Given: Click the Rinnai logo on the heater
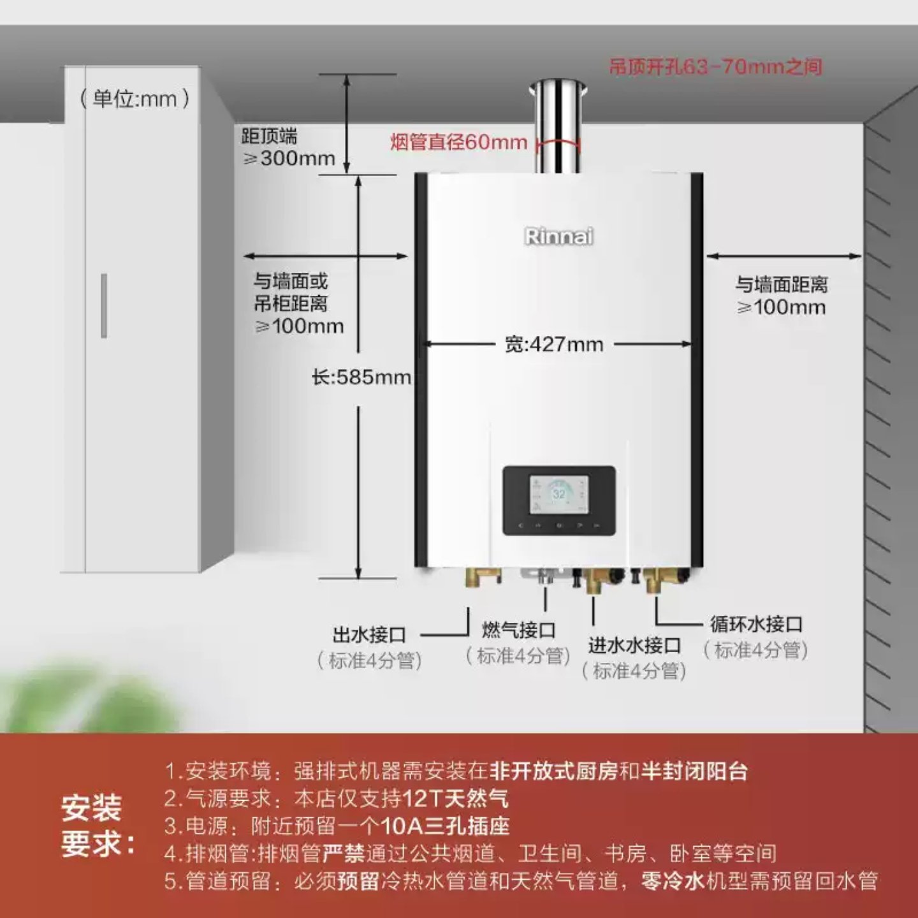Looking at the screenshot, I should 558,237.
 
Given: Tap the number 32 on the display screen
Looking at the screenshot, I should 558,494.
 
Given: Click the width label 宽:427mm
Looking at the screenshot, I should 553,345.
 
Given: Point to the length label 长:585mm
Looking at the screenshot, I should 361,377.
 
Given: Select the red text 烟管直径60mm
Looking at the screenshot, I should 458,142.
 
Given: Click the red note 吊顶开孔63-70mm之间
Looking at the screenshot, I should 715,66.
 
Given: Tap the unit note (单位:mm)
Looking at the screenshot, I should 135,99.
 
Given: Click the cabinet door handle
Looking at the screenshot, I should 104,305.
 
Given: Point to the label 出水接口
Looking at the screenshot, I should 369,635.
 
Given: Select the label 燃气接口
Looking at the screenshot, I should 518,630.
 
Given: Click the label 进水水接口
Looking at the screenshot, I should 634,646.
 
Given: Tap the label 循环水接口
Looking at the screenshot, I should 756,624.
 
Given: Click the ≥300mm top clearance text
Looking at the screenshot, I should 289,158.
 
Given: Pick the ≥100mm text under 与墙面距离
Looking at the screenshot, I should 782,307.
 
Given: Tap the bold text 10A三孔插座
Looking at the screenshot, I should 445,826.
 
